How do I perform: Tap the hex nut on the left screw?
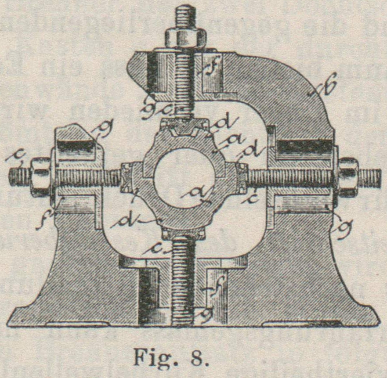[40, 176]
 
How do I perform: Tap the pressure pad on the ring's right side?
[241, 178]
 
